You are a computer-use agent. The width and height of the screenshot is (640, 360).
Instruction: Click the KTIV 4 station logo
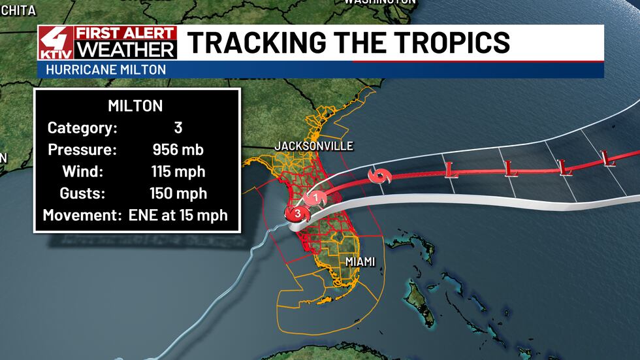click(56, 43)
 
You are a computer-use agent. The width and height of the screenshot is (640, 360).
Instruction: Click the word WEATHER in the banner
click(125, 50)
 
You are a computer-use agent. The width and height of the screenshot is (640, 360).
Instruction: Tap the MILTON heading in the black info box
click(136, 106)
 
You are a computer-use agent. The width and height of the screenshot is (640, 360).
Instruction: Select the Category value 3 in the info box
click(177, 128)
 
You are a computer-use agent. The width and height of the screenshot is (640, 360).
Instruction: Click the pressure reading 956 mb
click(177, 150)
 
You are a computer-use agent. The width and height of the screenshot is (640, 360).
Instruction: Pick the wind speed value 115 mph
click(177, 171)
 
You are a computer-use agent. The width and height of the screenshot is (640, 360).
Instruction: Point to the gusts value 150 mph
click(177, 193)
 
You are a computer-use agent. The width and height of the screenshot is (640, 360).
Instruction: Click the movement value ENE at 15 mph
click(177, 215)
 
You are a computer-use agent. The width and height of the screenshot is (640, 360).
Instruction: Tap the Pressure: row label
click(82, 150)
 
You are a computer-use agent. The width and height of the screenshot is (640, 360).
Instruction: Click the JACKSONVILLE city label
click(314, 145)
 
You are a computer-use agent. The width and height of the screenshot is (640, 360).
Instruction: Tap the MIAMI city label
click(360, 261)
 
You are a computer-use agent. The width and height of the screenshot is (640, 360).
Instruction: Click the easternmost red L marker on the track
click(609, 157)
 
